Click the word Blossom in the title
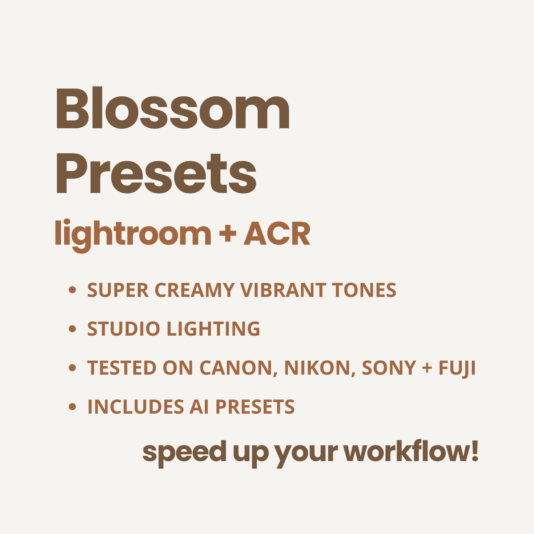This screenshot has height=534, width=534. [x=173, y=108]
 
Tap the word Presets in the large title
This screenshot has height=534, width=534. [x=156, y=173]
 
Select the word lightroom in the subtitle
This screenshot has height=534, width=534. [x=133, y=236]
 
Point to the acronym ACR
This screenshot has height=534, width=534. [x=277, y=233]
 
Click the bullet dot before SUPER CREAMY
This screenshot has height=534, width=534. [x=73, y=290]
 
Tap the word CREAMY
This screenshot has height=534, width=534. [x=195, y=290]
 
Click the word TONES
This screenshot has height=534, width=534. [x=364, y=290]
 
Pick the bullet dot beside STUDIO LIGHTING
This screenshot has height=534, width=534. [x=73, y=329]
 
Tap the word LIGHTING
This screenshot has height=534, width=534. [x=214, y=329]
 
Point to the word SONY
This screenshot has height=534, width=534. [x=389, y=368]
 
